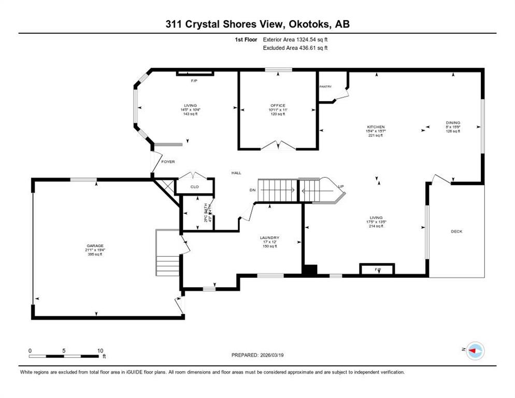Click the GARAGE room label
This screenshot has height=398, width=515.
click(95, 245)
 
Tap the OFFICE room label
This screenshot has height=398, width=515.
click(277, 106)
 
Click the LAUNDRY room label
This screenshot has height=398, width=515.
click(269, 238)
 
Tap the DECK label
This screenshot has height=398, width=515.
click(456, 231)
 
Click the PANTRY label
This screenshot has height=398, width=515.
click(325, 87)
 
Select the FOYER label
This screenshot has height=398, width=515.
click(168, 162)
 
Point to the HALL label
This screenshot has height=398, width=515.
click(236, 173)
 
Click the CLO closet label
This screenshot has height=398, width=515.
click(194, 187)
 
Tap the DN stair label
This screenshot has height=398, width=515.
click(252, 190)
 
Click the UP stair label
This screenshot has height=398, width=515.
click(340, 187)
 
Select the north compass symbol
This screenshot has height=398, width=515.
click(474, 351)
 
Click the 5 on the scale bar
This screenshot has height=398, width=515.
click(64, 350)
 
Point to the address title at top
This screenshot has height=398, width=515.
click(257, 24)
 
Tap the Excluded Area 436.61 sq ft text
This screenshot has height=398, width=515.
click(295, 48)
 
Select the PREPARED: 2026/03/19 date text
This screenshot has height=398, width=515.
click(257, 355)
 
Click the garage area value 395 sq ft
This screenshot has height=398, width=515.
click(95, 254)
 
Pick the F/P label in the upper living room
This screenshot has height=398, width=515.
click(194, 81)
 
